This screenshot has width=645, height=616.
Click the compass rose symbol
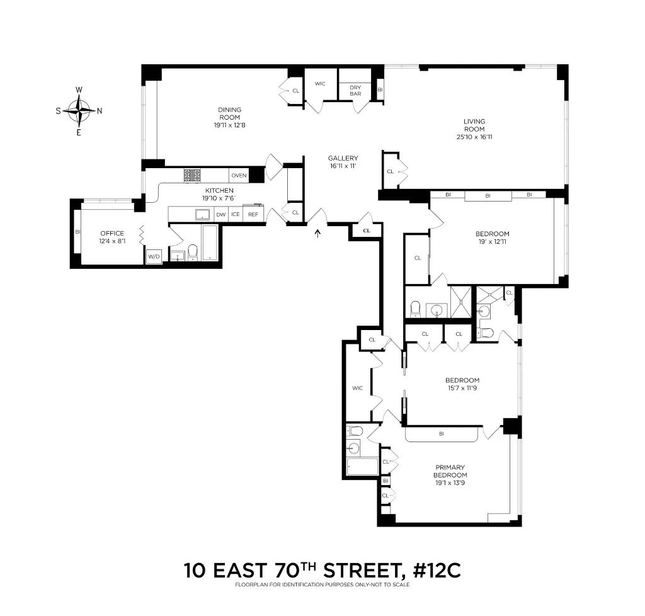click(79, 111)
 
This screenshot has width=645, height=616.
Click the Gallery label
click(343, 158)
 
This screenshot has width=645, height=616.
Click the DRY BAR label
click(355, 91)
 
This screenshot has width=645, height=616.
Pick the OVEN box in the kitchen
click(239, 176)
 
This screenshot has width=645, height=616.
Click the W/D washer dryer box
click(154, 256)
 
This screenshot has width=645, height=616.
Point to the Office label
click(112, 233)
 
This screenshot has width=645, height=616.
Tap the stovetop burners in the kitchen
click(192, 176)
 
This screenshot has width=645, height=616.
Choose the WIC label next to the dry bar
click(320, 84)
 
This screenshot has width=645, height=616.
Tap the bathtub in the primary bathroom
click(362, 467)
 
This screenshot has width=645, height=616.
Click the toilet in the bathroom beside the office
click(193, 251)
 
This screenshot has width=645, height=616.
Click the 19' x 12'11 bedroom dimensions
click(492, 242)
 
